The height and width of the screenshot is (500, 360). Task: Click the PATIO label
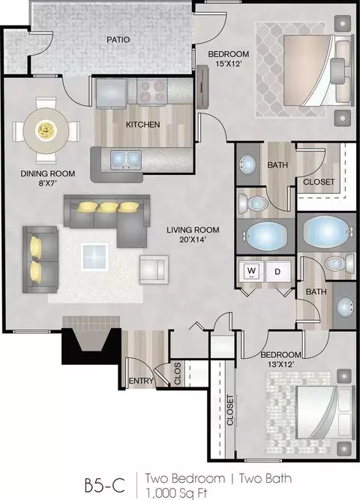click(x=118, y=40)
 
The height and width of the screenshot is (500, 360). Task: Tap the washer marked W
click(x=252, y=271)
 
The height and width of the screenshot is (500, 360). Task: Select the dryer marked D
click(x=277, y=271)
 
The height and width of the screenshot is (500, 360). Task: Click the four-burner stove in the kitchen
click(x=152, y=92)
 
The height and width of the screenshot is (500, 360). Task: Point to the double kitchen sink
click(x=126, y=159)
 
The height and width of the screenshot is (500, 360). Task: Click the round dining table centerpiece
click(x=46, y=130)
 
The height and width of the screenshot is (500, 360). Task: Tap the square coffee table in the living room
click(x=94, y=257)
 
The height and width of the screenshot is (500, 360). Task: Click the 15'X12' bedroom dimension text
click(x=227, y=64)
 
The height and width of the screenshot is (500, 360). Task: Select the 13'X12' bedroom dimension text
click(x=280, y=364)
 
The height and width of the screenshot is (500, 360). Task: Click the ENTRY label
click(x=141, y=381)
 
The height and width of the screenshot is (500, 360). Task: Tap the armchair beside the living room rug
click(x=154, y=270)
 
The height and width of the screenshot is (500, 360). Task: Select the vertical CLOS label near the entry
click(x=178, y=373)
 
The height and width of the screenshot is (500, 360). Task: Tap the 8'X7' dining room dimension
click(x=48, y=184)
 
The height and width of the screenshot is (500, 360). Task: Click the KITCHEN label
click(x=142, y=125)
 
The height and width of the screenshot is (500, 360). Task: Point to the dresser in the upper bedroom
click(x=202, y=87)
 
